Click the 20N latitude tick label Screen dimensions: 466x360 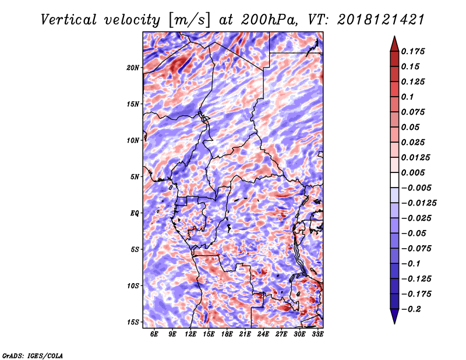[x=133, y=68]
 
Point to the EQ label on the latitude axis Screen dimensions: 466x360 [x=135, y=213]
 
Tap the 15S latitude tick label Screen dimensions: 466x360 [x=133, y=322]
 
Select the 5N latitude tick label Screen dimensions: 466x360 [x=135, y=177]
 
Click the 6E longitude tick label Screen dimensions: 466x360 [x=154, y=334]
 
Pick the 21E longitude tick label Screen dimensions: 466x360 [x=245, y=334]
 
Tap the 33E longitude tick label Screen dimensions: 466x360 [x=317, y=334]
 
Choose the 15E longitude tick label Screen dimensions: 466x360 [x=209, y=334]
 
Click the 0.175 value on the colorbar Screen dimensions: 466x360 [x=413, y=51]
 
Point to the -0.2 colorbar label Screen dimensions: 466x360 [x=411, y=309]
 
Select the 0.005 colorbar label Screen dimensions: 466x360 [x=413, y=172]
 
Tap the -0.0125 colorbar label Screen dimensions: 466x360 [x=419, y=203]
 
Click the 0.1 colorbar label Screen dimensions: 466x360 [x=407, y=97]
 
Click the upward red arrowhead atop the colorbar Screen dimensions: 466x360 [x=394, y=44]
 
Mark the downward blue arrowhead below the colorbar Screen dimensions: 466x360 [x=394, y=316]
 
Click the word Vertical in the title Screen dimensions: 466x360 [x=69, y=20]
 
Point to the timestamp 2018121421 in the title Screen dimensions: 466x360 [x=381, y=20]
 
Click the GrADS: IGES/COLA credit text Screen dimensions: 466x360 [x=33, y=355]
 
